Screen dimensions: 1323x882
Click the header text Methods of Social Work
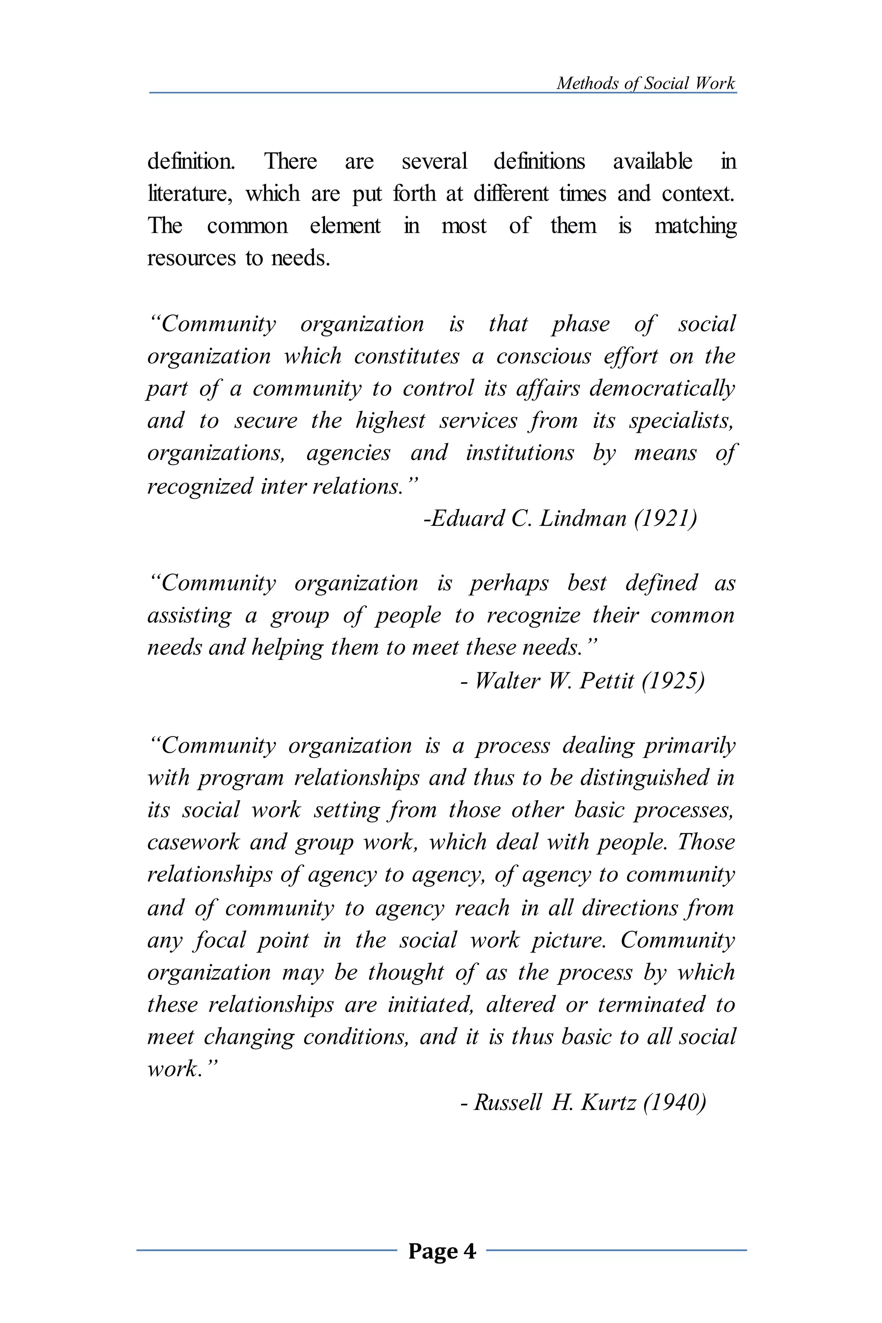click(645, 83)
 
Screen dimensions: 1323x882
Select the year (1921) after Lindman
click(665, 518)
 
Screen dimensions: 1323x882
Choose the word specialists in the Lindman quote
click(681, 421)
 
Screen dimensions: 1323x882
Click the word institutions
click(520, 453)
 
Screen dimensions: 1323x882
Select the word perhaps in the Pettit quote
click(509, 583)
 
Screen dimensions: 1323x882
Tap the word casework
click(193, 842)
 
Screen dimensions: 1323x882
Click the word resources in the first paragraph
click(191, 258)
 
